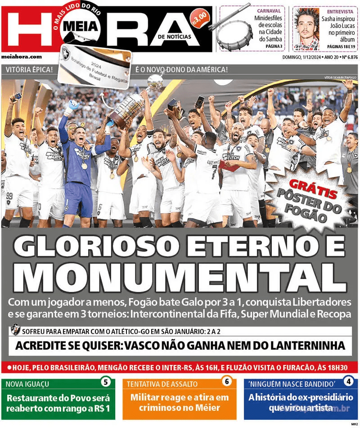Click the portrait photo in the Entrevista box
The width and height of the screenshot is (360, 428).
[306, 29]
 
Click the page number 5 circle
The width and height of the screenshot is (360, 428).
[105, 382]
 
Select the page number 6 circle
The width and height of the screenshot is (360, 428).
[226, 382]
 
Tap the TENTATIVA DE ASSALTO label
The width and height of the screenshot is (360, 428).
[162, 384]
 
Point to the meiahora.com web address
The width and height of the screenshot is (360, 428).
[22, 57]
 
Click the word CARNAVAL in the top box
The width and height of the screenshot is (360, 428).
[269, 11]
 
